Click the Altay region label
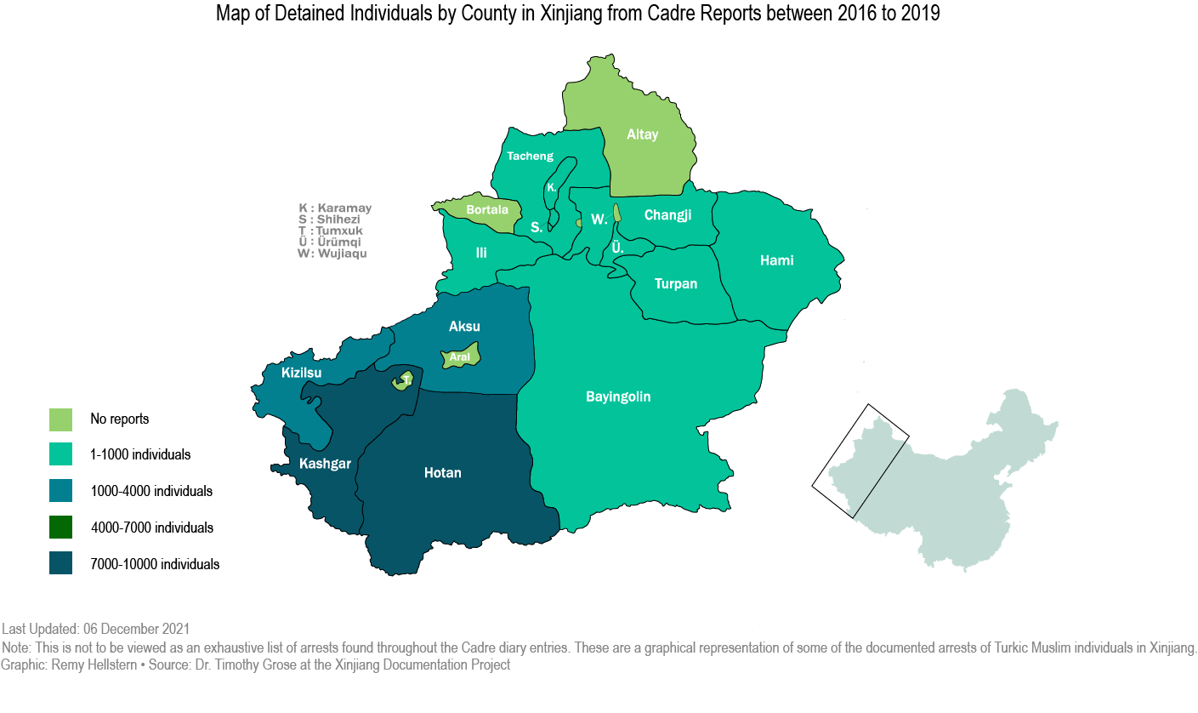[642, 134]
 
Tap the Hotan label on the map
[442, 473]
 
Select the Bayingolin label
[618, 396]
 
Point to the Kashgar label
[325, 464]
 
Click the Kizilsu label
[302, 372]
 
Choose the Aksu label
[464, 327]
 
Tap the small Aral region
[461, 356]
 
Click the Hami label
[776, 260]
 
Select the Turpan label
[676, 283]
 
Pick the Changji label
[667, 215]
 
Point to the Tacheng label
[530, 156]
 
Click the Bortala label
[487, 209]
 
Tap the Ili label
[481, 253]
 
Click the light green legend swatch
[60, 419]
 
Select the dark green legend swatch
[60, 528]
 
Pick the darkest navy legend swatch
[60, 563]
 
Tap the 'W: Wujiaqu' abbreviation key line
[332, 254]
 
